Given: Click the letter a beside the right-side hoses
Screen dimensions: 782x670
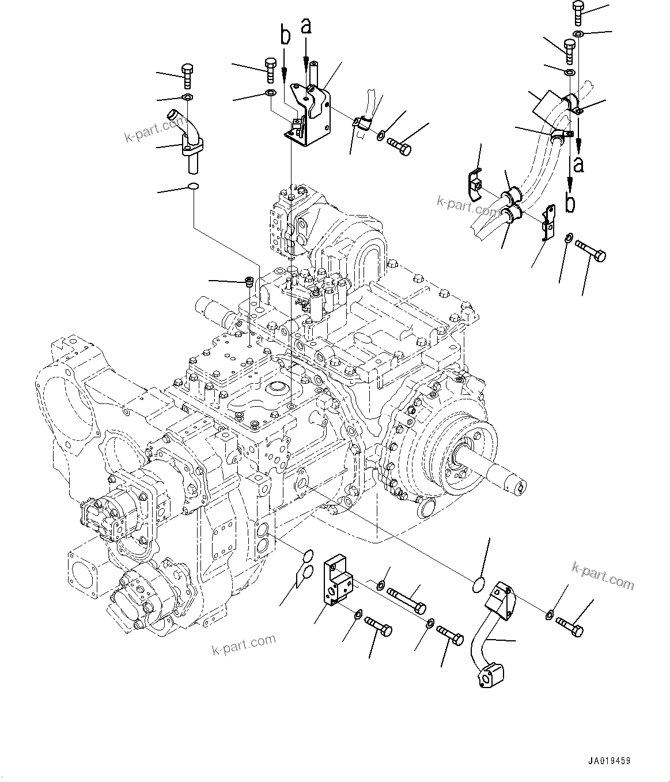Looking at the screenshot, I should pos(578,164).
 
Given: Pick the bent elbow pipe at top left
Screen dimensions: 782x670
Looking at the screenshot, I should pos(186,134).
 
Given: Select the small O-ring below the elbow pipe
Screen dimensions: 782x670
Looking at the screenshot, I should pos(194,186).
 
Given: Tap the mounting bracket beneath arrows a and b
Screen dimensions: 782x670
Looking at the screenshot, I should pos(309,112).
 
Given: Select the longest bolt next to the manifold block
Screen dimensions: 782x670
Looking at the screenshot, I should pos(407,599).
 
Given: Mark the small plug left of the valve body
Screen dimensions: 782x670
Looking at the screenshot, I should pos(249,282).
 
